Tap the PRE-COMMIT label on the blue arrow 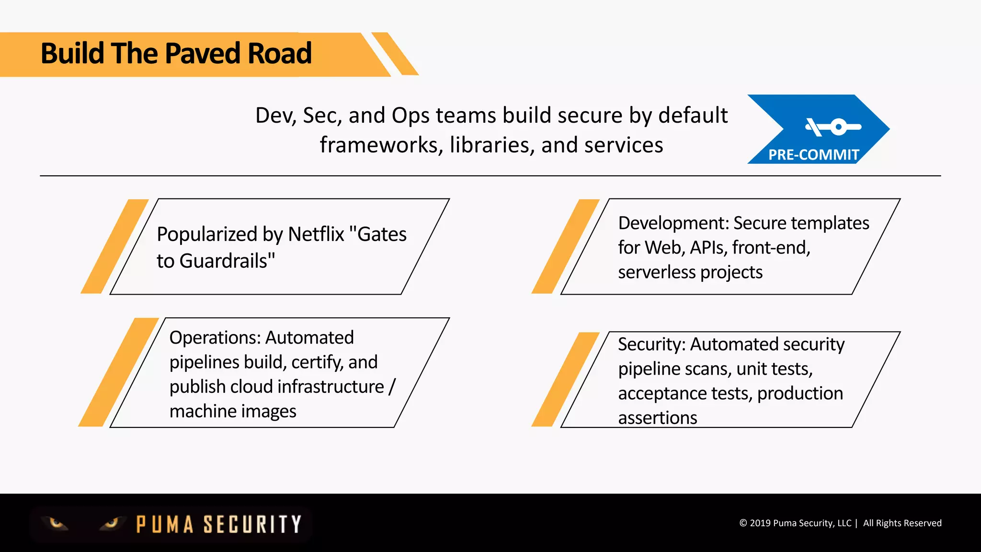[x=813, y=155]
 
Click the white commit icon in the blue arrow [x=833, y=127]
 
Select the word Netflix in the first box [x=316, y=234]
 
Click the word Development [x=673, y=223]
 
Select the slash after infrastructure [x=392, y=387]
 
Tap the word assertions [x=657, y=418]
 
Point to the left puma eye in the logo [x=57, y=523]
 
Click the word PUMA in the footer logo [x=165, y=524]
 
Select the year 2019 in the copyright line [x=760, y=523]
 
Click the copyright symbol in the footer [x=743, y=523]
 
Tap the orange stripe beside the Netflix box [x=115, y=246]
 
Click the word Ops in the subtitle [x=410, y=115]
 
